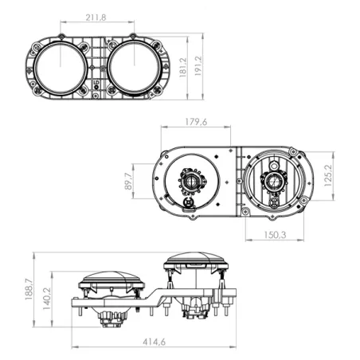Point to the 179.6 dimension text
(195, 123)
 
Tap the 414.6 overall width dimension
(153, 342)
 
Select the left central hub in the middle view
(192, 182)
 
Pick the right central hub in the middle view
(273, 182)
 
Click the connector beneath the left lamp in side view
(112, 318)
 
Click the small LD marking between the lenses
(96, 82)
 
